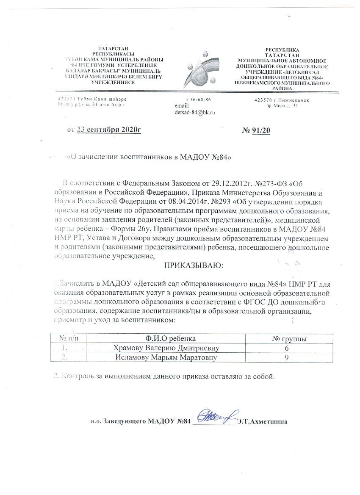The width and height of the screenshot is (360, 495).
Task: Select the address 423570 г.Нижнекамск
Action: [281, 100]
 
